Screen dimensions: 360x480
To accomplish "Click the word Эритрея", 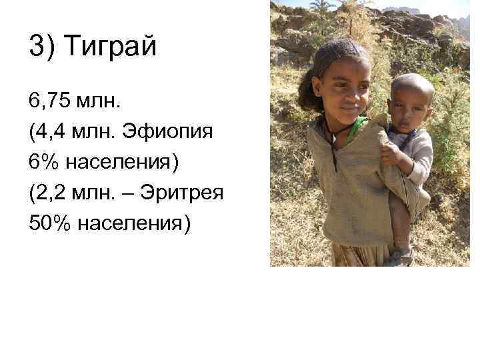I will [185, 193].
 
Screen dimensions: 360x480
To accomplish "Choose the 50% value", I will [50, 223].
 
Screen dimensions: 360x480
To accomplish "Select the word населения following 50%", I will [134, 223].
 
